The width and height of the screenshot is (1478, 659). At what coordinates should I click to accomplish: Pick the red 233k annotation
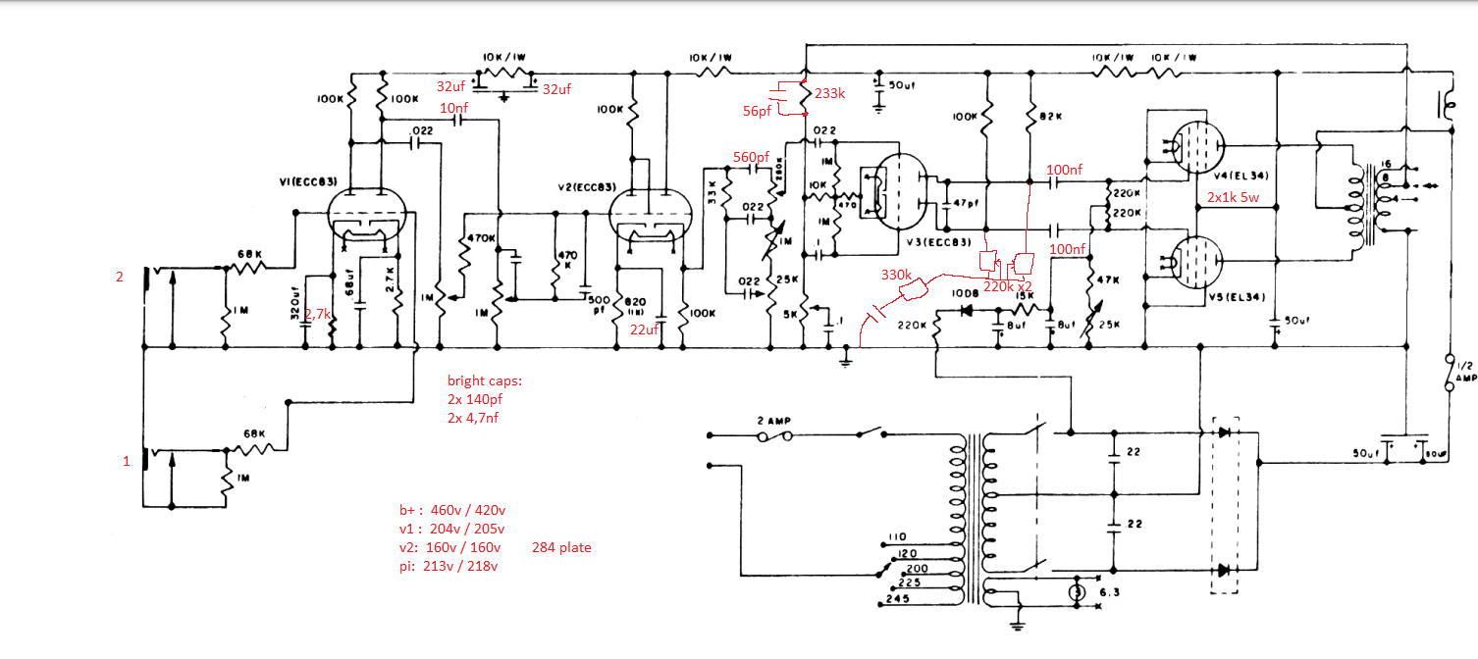pos(828,93)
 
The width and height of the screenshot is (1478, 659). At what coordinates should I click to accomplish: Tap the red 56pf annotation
pos(758,112)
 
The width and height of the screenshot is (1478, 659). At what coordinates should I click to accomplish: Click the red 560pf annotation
pos(751,157)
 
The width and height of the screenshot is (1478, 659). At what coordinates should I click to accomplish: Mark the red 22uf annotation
pos(645,329)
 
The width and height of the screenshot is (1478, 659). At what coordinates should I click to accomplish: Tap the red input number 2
pos(120,277)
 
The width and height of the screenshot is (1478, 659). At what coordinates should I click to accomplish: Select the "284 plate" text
pos(562,547)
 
